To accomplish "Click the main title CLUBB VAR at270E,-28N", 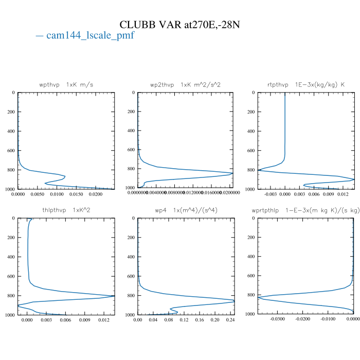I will coord(179,25).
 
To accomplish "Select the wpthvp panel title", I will coord(66,84).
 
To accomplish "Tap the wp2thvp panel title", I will coord(185,84).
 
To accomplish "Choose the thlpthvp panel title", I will coord(66,210).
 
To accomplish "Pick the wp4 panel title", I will coord(185,210).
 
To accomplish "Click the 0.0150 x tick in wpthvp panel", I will coord(76,194).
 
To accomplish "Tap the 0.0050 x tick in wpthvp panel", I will coord(38,194).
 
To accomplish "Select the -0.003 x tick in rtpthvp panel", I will coord(270,194).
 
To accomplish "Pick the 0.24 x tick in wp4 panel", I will coord(230,320).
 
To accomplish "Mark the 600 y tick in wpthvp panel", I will coord(10,151).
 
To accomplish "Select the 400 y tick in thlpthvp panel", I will coord(10,257).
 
